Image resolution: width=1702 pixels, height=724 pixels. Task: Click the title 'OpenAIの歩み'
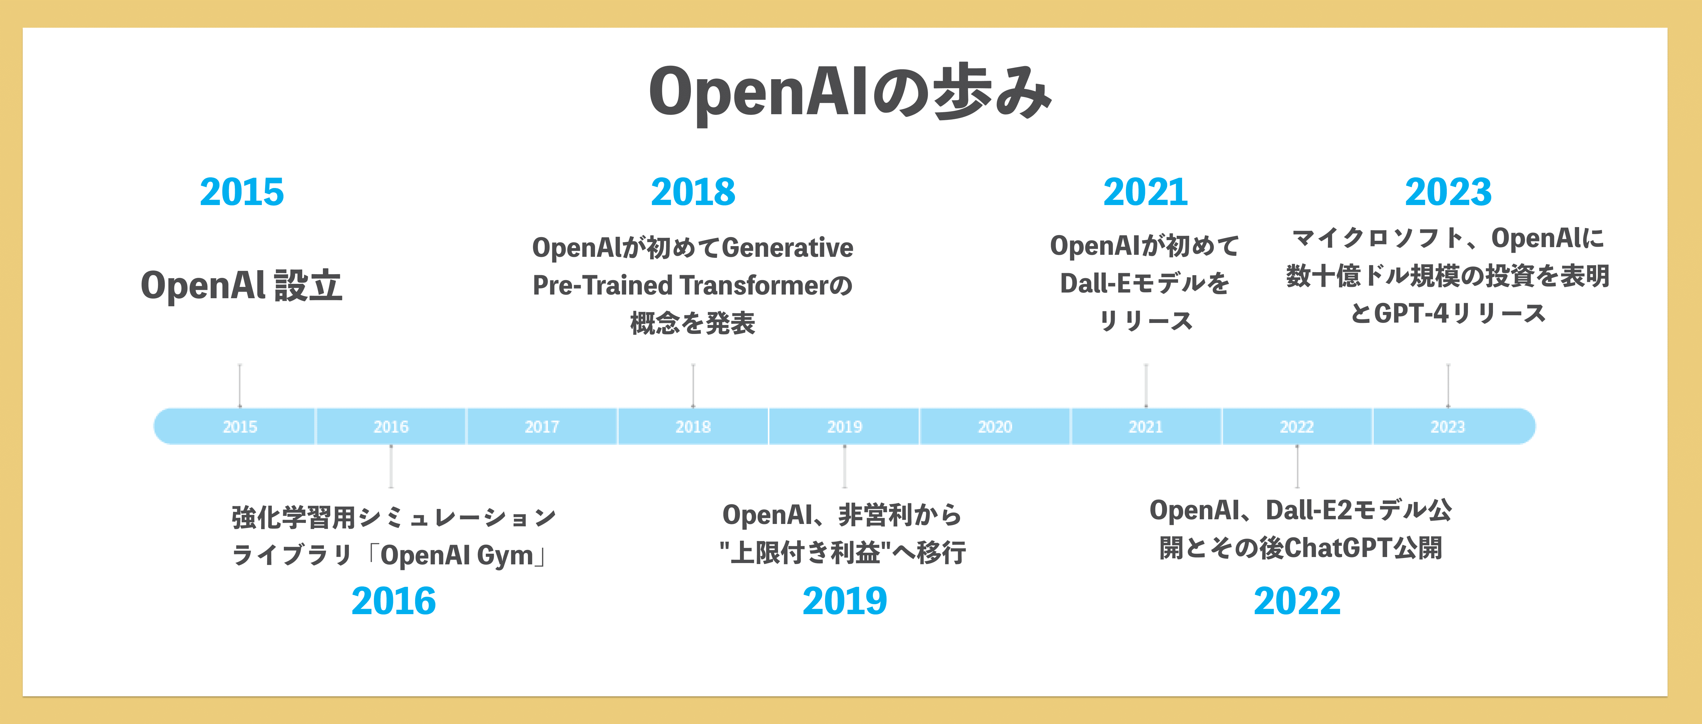pyautogui.click(x=850, y=93)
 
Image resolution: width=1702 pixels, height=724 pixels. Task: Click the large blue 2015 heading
pyautogui.click(x=242, y=192)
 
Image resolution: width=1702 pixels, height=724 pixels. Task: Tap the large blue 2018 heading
pyautogui.click(x=693, y=192)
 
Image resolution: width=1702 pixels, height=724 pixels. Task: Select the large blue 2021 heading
pyautogui.click(x=1146, y=192)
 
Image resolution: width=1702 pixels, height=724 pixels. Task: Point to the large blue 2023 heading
pyautogui.click(x=1448, y=192)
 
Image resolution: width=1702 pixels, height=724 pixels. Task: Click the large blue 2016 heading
pyautogui.click(x=394, y=601)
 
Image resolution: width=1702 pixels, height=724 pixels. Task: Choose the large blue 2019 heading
pyautogui.click(x=845, y=601)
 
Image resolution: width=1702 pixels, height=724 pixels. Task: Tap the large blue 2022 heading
pyautogui.click(x=1297, y=601)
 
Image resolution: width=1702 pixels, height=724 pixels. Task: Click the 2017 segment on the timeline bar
pyautogui.click(x=542, y=427)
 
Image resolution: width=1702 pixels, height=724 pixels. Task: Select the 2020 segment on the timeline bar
pyautogui.click(x=995, y=427)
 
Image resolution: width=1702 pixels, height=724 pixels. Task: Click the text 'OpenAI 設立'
pyautogui.click(x=242, y=286)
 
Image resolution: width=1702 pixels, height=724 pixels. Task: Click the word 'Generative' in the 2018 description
pyautogui.click(x=788, y=248)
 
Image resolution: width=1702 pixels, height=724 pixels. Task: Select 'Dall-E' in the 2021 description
pyautogui.click(x=1096, y=284)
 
